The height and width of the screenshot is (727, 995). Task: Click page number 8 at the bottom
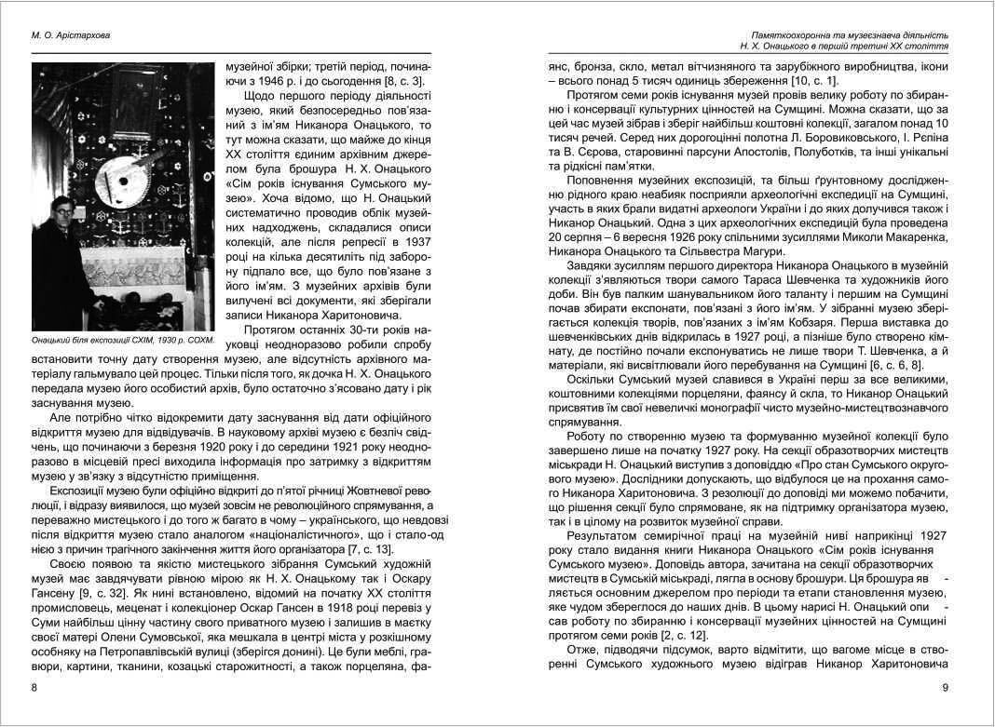click(34, 688)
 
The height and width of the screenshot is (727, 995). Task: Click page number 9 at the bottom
click(945, 688)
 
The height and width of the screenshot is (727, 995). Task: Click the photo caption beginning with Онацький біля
click(122, 340)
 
